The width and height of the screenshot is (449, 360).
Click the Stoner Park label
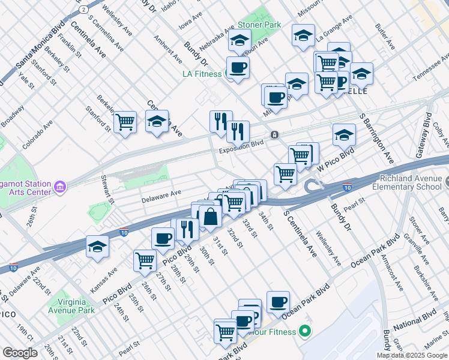pyautogui.click(x=259, y=25)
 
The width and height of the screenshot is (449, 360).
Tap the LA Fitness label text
pyautogui.click(x=203, y=74)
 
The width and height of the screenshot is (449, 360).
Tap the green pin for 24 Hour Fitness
pyautogui.click(x=305, y=331)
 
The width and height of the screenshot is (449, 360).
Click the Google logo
pyautogui.click(x=19, y=353)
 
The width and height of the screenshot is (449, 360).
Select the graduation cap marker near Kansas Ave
pyautogui.click(x=98, y=246)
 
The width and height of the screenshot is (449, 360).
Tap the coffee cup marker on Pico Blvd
pyautogui.click(x=163, y=238)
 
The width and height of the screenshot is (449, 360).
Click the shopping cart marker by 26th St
pyautogui.click(x=145, y=260)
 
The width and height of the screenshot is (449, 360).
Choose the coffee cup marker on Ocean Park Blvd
pyautogui.click(x=278, y=301)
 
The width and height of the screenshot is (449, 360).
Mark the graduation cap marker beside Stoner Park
pyautogui.click(x=240, y=41)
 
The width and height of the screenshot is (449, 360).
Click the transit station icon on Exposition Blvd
pyautogui.click(x=274, y=135)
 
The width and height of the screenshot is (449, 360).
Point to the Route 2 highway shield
pyautogui.click(x=83, y=10)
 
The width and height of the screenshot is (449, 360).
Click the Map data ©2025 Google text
pyautogui.click(x=411, y=355)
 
